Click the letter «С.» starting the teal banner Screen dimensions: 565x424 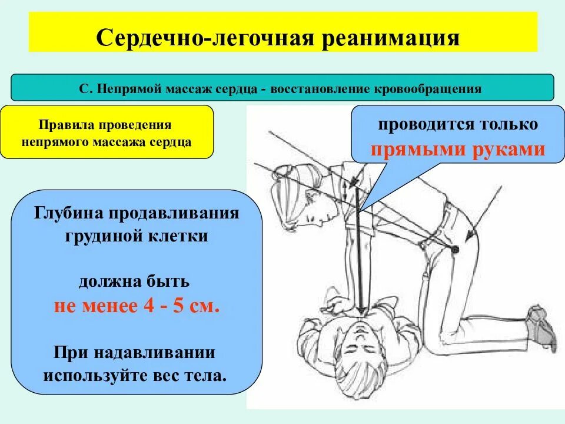coord(87,89)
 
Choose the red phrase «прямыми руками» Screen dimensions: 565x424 coord(457,149)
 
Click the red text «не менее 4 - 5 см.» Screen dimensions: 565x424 coord(137,306)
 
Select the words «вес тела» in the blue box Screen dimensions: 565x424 coord(196,375)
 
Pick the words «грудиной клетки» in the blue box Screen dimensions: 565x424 coord(137,236)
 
